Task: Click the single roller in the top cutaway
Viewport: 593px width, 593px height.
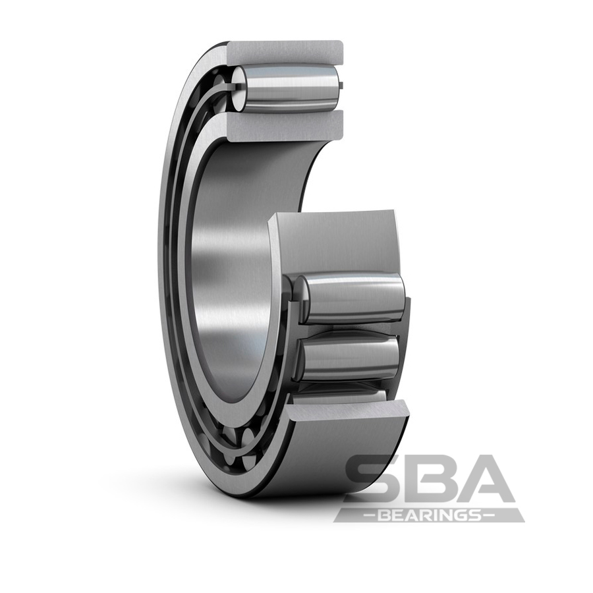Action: click(290, 88)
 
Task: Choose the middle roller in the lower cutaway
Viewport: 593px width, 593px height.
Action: click(349, 356)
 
